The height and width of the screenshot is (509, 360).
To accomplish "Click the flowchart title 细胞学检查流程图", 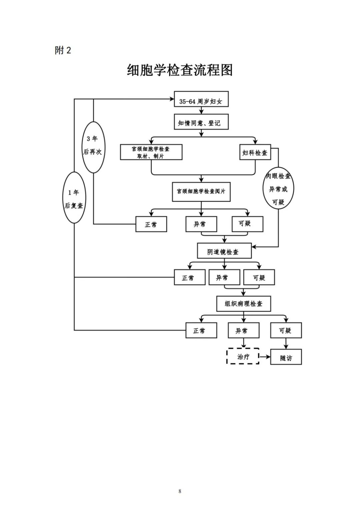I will point(180,70).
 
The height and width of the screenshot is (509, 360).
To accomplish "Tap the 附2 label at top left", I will point(63,50).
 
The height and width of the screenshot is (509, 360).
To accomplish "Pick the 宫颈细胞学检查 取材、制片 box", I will point(151,152).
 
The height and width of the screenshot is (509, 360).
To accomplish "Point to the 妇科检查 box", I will point(255,152).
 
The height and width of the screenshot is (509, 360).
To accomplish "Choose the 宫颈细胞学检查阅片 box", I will point(201,192).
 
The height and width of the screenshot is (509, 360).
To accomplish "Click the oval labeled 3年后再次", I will point(93,147).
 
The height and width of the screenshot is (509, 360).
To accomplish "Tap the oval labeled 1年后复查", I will point(74,198).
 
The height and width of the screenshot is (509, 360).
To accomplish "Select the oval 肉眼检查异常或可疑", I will point(278,188).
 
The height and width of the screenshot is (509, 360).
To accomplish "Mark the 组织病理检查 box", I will point(243,304).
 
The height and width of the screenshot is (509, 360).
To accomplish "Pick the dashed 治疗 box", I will point(243,356).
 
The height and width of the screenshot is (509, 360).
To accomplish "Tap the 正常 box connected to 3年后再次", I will point(151,224).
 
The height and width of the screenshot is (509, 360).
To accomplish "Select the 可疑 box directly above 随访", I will point(286,330).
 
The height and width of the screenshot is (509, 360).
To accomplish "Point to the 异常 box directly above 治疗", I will point(243,330).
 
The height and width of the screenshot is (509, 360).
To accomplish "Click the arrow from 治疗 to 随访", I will point(265,357).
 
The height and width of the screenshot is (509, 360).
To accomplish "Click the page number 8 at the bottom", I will point(180,491).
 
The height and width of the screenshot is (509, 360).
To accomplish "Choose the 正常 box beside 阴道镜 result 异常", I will point(189,277).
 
